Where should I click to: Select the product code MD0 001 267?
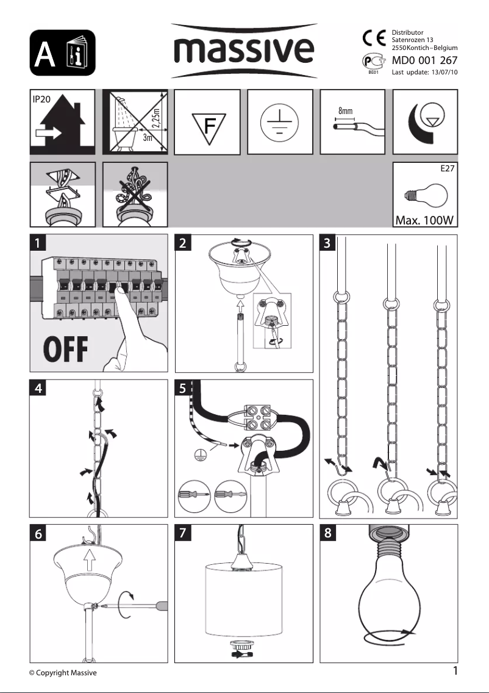[x=424, y=60]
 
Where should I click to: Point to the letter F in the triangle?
[x=209, y=126]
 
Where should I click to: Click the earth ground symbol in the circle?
[x=280, y=122]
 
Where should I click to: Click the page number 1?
[x=455, y=671]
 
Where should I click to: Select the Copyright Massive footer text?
[x=63, y=673]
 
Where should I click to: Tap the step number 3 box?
[x=329, y=243]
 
